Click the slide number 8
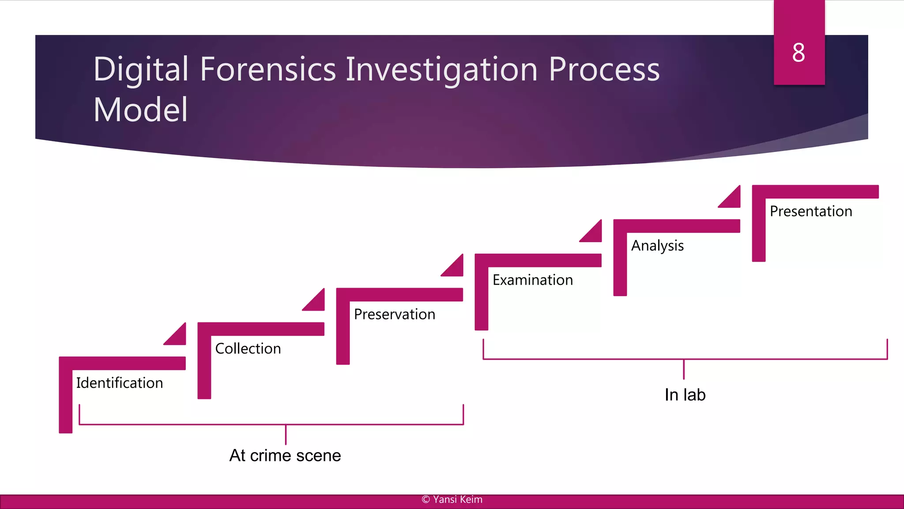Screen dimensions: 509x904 pos(799,53)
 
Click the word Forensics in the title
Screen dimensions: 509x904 pos(267,69)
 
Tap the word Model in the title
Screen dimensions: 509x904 pos(140,110)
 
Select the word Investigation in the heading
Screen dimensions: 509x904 pos(441,69)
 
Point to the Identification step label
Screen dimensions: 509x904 pos(119,383)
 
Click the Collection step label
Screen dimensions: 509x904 pos(248,349)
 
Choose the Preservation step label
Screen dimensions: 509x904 pos(394,314)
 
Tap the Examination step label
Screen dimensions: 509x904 pos(532,280)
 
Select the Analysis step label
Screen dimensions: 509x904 pos(657,246)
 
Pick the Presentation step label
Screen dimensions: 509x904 pos(811,211)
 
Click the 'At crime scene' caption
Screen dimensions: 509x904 pos(285,456)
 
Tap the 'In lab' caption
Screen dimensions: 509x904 pos(685,395)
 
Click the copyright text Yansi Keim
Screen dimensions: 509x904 pos(452,499)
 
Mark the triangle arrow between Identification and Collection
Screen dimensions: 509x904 pos(178,337)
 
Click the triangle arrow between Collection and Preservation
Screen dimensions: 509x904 pos(316,303)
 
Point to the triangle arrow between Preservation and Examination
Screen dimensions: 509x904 pos(455,268)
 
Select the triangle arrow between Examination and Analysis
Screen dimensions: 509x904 pos(594,234)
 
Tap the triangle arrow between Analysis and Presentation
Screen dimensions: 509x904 pos(732,199)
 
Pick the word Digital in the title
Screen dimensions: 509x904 pos(141,69)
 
